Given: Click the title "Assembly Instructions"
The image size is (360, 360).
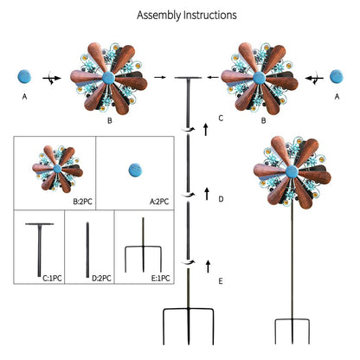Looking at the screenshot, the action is pos(187,16).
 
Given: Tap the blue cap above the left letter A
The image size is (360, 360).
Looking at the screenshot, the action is pos(24,77).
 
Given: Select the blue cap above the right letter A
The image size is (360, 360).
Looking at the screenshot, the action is pos(337,76).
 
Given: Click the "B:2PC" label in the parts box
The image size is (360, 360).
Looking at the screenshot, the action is pos(83,202).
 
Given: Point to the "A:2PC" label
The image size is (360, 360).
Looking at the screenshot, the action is pos(159,202).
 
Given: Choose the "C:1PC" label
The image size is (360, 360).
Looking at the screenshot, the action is pos(52,279).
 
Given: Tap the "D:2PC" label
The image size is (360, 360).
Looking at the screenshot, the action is pos(101,279).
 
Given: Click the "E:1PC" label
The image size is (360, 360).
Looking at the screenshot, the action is pos(160,279).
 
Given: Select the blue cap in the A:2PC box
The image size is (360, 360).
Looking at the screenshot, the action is pos(135,170).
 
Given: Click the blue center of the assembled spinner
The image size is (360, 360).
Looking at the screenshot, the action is pos(292,172).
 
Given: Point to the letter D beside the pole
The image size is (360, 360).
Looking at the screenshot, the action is pos(221,199).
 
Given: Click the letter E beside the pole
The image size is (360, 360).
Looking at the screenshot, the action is pos(221,281).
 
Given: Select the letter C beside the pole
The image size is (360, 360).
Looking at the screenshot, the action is pos(221,118).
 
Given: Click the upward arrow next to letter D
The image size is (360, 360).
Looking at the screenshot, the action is pos(207,194).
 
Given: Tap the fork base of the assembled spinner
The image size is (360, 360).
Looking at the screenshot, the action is pos(292,331).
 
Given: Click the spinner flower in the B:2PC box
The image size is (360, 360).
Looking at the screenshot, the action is pos(57,169).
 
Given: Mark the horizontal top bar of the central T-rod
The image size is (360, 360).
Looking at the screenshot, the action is pos(188,78).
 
